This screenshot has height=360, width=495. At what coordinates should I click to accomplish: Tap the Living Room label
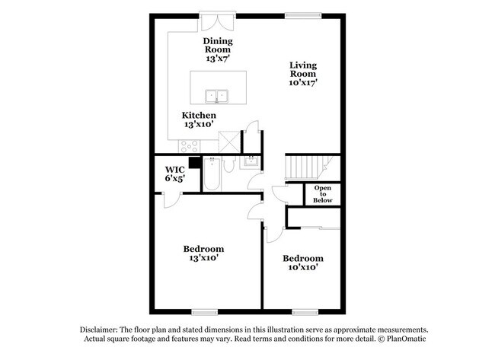(x=302, y=73)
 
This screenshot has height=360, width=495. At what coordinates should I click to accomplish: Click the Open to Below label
(x=322, y=194)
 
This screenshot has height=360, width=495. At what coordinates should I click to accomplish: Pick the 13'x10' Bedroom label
(x=203, y=253)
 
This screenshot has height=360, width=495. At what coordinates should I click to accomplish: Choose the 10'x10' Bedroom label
(x=302, y=263)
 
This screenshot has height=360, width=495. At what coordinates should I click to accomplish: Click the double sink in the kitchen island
(x=217, y=97)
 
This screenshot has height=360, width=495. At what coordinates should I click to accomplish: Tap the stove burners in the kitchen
(x=187, y=145)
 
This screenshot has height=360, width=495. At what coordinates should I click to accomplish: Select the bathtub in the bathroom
(x=212, y=174)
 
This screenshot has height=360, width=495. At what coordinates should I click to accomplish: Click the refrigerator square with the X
(x=227, y=140)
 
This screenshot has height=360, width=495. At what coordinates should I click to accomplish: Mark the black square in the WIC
(x=195, y=161)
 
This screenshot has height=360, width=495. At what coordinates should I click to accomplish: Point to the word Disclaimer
(x=103, y=328)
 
